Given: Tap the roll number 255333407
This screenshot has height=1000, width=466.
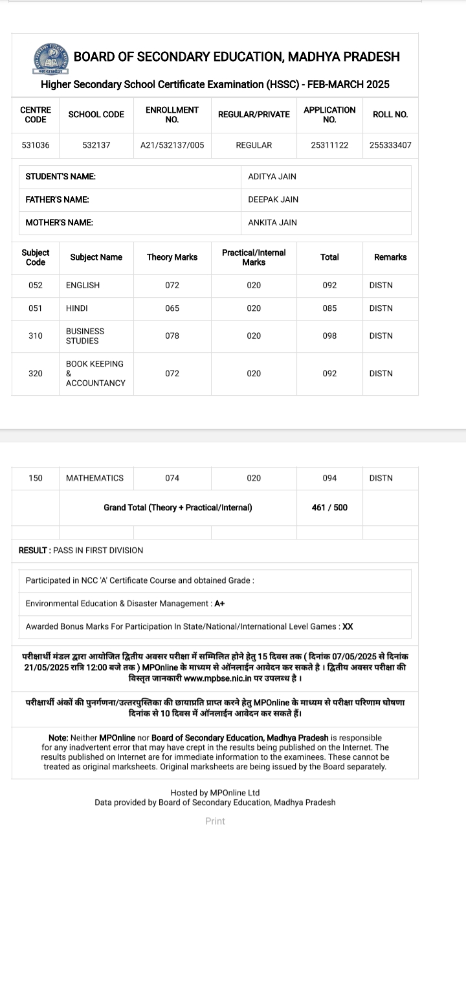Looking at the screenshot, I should click(x=390, y=145).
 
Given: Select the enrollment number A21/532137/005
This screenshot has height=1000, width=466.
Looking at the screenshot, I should click(x=172, y=145).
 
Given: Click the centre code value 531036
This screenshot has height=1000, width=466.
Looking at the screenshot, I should click(x=36, y=145).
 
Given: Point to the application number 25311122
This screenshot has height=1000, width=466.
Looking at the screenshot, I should click(x=329, y=145).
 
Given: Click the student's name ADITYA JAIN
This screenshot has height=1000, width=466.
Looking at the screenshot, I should click(x=272, y=177).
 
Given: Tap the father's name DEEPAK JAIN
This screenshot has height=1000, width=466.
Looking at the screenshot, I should click(x=273, y=199).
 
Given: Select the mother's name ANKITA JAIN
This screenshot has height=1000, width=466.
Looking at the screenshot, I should click(x=272, y=223).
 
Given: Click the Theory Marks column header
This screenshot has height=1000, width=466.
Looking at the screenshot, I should click(x=172, y=257).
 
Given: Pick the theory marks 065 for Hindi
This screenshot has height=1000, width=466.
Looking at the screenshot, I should click(x=172, y=308).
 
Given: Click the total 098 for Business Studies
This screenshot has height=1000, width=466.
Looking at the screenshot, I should click(x=329, y=335).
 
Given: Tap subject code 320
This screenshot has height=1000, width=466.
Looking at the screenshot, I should click(x=36, y=373).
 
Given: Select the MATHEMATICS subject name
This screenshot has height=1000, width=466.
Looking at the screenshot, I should click(x=94, y=478).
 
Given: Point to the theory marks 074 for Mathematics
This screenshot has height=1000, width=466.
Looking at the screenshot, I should click(x=172, y=478).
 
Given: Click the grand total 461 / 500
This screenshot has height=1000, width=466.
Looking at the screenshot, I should click(x=329, y=508).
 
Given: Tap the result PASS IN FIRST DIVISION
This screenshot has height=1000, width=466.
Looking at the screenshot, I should click(x=98, y=551).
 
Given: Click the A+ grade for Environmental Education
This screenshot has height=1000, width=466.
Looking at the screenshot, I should click(x=220, y=604).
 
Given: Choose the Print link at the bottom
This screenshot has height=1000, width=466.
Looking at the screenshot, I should click(x=215, y=821).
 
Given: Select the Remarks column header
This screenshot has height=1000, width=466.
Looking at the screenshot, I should click(x=390, y=257).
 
